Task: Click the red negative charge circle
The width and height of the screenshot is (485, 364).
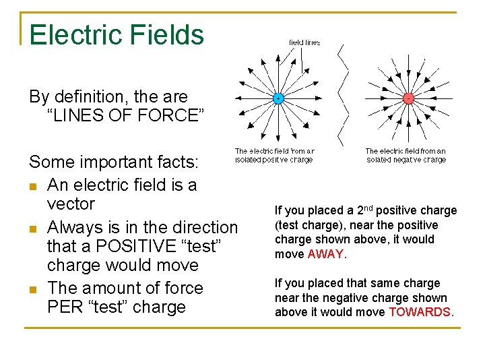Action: [x=408, y=98]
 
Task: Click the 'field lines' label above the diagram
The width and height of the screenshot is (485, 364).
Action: [x=304, y=42]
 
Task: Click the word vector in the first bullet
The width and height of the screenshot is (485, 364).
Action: [x=71, y=203]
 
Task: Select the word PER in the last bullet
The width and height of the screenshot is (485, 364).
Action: [x=63, y=307]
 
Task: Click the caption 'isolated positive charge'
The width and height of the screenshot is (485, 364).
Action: [x=274, y=160]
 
